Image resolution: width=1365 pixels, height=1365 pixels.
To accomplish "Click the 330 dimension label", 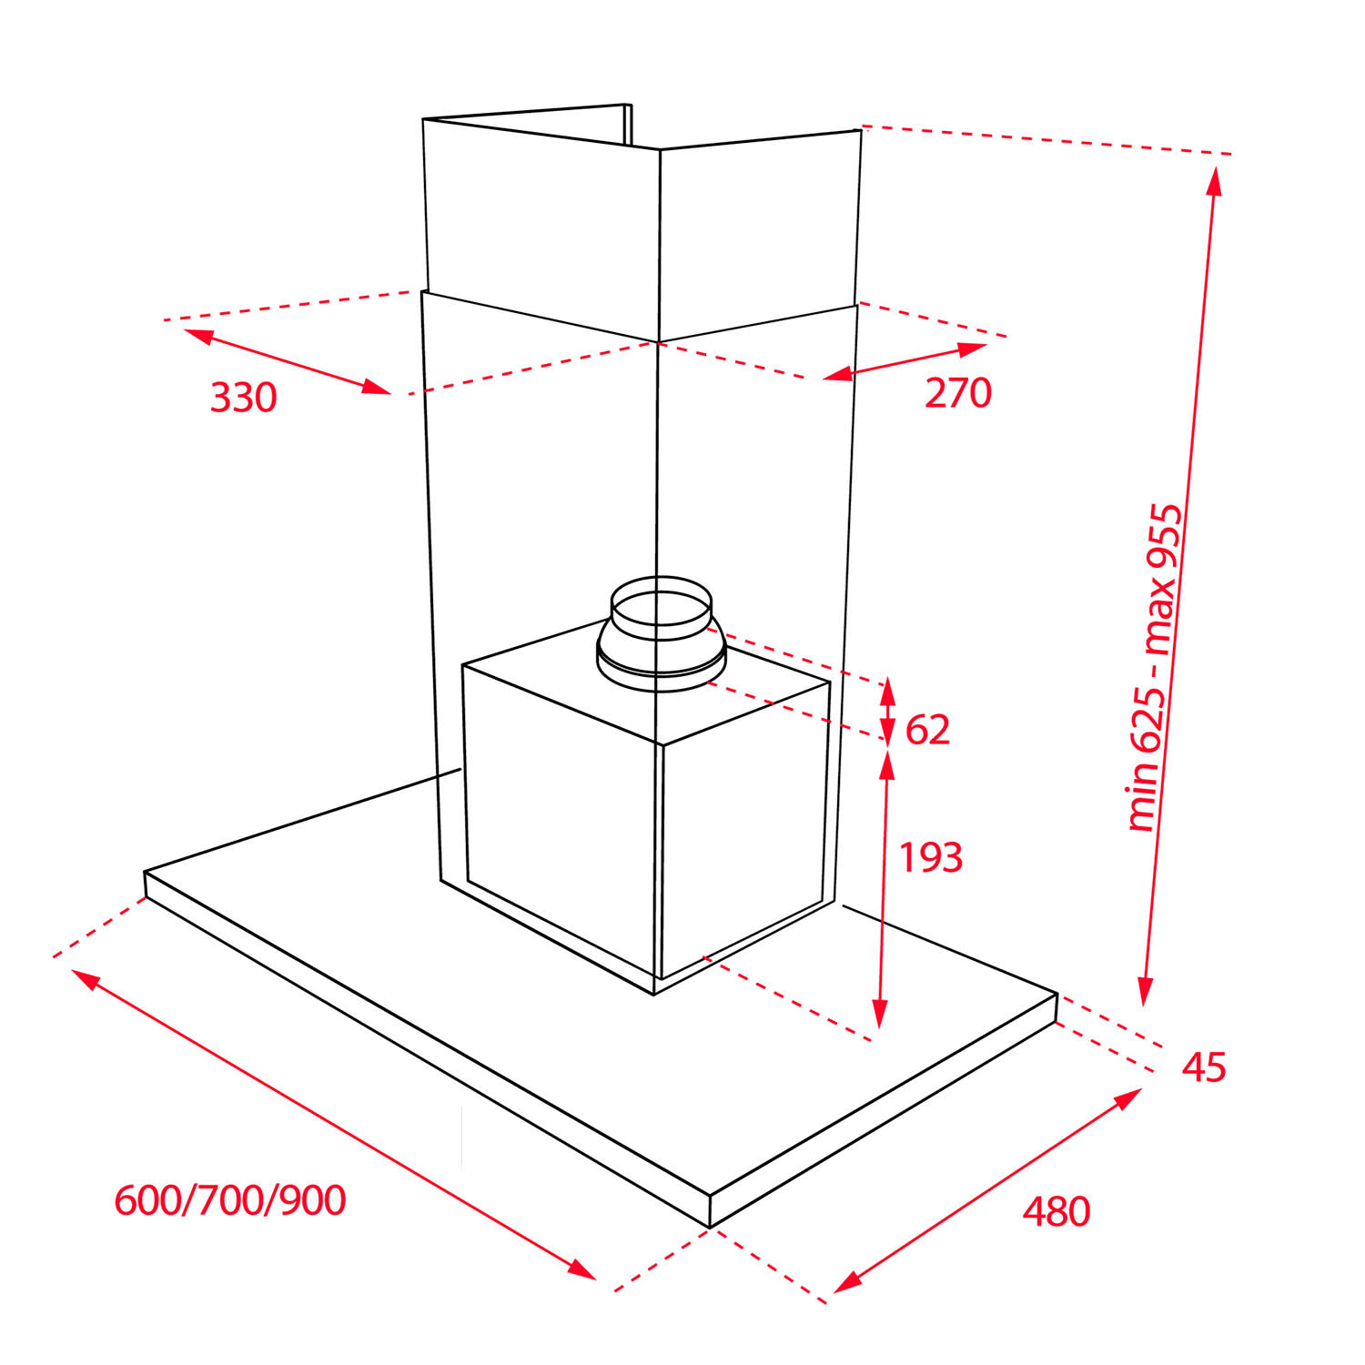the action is (x=243, y=398).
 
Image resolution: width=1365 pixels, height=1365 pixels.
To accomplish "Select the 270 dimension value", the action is (x=958, y=392).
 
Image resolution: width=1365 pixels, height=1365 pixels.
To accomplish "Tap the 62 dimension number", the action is (x=927, y=730).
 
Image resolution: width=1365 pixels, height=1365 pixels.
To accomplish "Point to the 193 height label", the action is (x=931, y=857).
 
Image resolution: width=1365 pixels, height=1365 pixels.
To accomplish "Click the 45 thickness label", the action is (x=1204, y=1067).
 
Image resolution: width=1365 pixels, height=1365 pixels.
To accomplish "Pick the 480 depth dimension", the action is (x=1056, y=1211).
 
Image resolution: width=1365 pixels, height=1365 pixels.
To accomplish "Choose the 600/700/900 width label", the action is (x=230, y=1200).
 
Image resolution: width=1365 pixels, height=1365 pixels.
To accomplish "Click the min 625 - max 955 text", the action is (x=1156, y=667).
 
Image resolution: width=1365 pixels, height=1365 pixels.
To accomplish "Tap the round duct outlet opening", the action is (x=661, y=608).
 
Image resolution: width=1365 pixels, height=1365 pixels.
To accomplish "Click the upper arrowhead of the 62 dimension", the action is (x=887, y=691).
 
